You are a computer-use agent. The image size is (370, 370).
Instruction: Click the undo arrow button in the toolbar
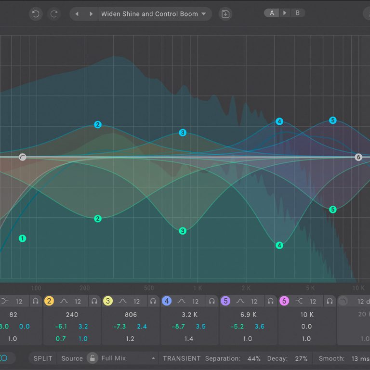(35, 14)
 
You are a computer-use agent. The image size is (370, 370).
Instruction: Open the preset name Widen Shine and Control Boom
(149, 14)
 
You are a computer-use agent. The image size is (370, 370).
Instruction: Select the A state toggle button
(272, 13)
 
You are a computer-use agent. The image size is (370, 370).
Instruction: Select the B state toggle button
(297, 13)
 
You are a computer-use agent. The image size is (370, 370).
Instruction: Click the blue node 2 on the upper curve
(98, 125)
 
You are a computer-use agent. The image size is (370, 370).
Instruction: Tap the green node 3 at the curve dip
(183, 231)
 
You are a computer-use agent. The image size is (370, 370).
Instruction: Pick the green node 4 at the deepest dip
(279, 245)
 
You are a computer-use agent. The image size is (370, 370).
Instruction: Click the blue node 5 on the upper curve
(332, 120)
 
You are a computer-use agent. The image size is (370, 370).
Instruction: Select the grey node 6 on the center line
(358, 157)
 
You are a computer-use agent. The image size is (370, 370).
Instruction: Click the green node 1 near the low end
(22, 238)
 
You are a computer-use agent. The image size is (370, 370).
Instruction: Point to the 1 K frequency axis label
(198, 288)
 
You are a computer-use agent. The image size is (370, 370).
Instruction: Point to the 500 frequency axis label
(149, 288)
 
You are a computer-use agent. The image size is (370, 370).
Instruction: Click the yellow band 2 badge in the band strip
(49, 301)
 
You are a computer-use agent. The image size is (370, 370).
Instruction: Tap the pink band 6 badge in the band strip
(284, 301)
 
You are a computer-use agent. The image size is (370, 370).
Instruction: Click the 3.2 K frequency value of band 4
(189, 315)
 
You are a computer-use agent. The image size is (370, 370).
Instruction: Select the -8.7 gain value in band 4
(178, 327)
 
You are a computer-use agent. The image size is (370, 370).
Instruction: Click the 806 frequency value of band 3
(131, 315)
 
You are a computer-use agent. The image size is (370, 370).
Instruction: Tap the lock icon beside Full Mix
(92, 358)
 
